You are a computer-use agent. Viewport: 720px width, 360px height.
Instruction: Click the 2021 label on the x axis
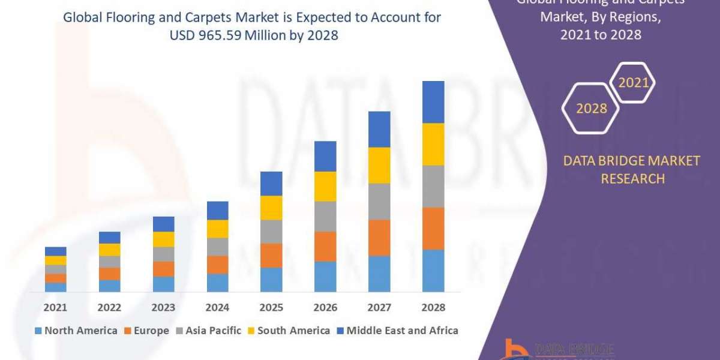pos(55,307)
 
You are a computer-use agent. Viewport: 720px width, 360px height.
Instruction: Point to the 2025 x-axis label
pos(271,307)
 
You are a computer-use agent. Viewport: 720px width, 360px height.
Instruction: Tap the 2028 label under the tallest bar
pos(433,307)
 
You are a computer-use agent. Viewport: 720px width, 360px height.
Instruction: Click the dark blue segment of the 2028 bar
pos(433,102)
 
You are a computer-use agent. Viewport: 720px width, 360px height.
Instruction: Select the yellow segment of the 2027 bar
pos(379,165)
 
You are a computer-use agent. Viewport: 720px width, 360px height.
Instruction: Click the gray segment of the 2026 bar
pos(325,216)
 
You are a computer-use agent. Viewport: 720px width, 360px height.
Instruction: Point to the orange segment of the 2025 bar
pos(271,255)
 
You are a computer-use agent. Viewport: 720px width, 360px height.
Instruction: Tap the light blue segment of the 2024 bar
pos(217,283)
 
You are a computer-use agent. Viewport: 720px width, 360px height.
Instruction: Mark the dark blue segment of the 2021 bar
pos(55,251)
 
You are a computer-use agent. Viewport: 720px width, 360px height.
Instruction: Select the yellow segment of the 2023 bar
pos(163,239)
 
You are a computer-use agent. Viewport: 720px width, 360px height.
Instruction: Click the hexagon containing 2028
pos(591,109)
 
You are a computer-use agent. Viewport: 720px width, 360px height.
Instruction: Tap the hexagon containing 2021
pos(633,83)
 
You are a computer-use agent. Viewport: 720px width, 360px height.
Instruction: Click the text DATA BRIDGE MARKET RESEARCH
pos(632,170)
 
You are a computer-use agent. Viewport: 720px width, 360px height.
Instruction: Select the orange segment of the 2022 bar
pos(109,274)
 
